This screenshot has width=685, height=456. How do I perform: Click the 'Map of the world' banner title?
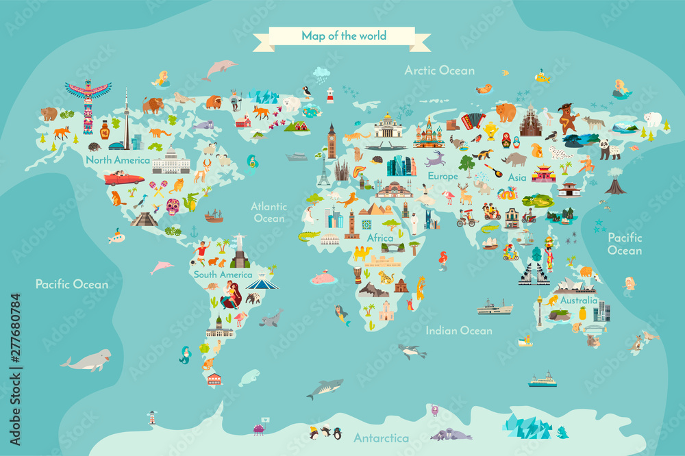tap(344, 36)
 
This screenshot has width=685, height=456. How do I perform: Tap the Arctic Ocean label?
tap(439, 70)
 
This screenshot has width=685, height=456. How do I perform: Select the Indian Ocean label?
tap(459, 331)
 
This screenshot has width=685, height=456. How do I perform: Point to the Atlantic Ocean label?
tap(269, 212)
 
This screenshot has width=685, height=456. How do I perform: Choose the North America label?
tap(118, 160)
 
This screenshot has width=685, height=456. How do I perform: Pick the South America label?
tap(223, 275)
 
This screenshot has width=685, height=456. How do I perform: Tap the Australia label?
tap(579, 301)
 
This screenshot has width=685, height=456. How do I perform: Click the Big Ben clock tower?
tap(332, 140)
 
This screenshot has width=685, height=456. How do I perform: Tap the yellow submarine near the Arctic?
tap(543, 76)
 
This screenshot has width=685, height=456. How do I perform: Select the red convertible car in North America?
tap(124, 179)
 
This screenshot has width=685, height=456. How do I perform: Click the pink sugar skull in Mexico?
tap(173, 206)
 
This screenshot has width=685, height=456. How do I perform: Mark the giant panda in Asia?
tap(609, 149)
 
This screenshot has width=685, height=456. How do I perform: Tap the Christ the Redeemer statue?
tap(240, 251)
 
